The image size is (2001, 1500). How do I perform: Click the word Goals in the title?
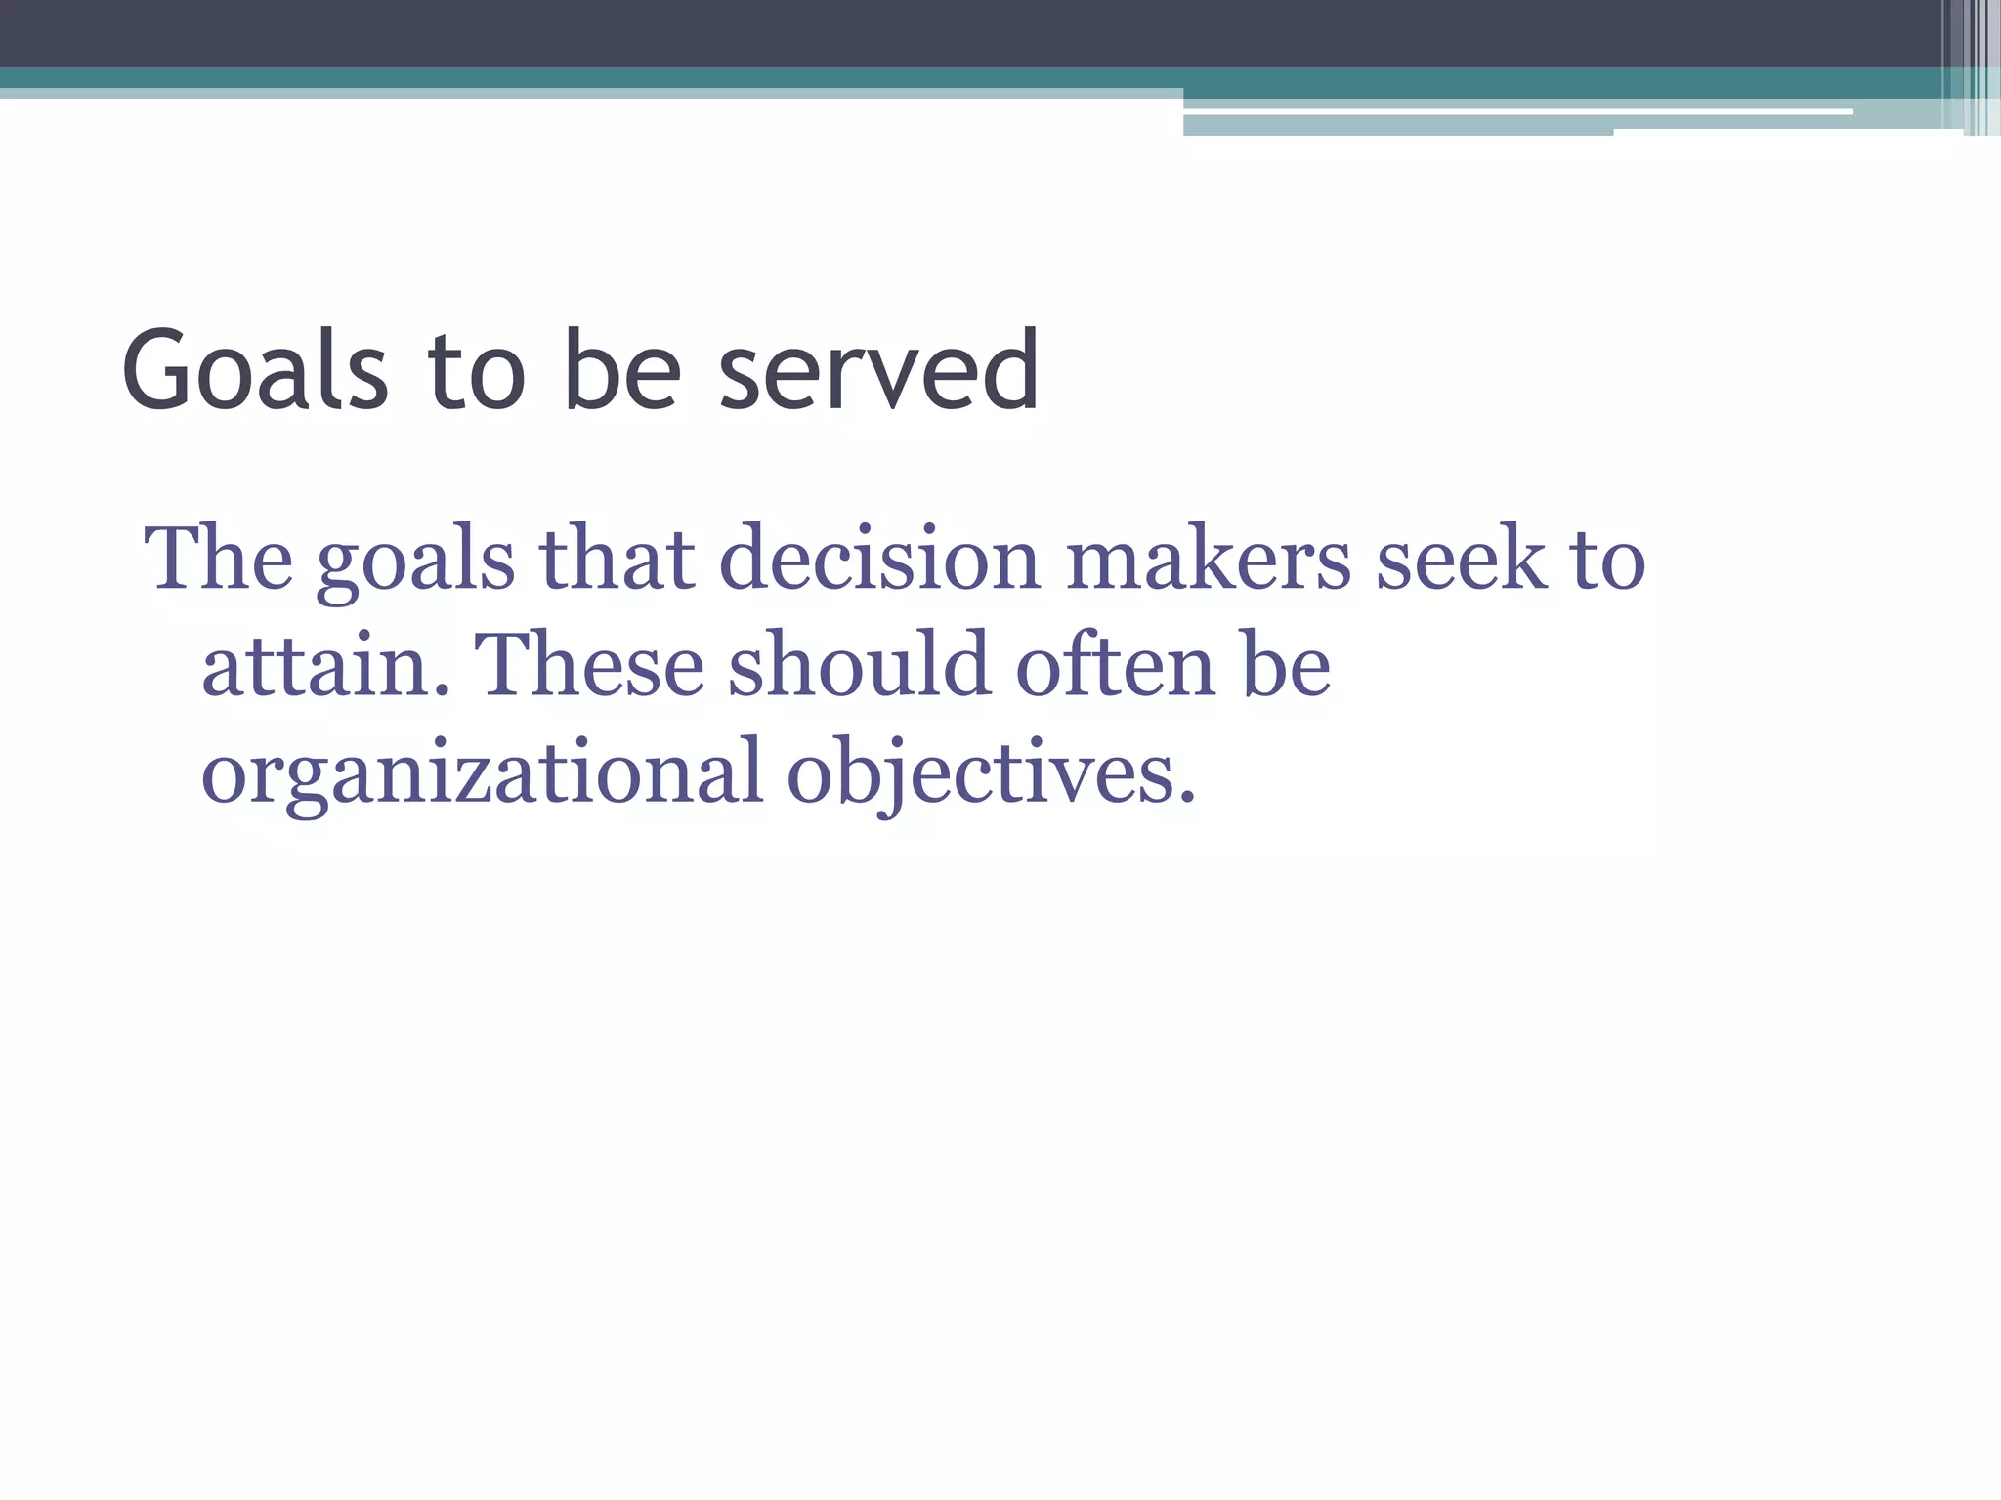[255, 371]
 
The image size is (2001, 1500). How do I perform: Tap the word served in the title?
[879, 371]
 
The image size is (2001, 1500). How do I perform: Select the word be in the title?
[622, 371]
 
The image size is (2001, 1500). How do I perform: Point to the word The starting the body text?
[218, 559]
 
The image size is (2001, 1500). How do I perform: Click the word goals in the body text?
[415, 562]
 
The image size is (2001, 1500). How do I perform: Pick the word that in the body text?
[617, 559]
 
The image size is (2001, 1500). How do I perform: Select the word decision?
[879, 559]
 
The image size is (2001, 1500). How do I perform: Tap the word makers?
[1208, 559]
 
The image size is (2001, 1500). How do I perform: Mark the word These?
[589, 666]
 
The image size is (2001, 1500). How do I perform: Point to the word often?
[1115, 666]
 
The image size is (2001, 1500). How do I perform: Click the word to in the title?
[476, 371]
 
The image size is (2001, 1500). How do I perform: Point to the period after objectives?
[1186, 797]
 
